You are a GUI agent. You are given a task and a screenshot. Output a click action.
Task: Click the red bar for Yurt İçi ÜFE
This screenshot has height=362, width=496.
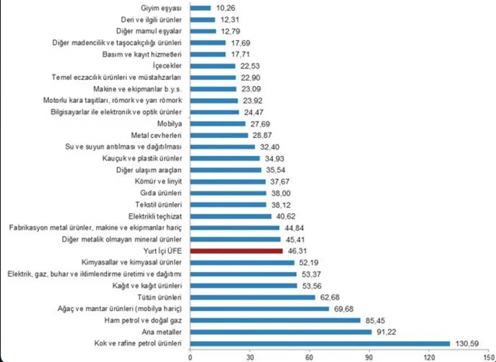point(236,252)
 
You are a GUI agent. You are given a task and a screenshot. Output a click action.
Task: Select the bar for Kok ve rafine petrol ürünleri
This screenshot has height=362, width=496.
point(320,343)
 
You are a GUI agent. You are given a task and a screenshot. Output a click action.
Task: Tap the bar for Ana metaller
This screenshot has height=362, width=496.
point(281,331)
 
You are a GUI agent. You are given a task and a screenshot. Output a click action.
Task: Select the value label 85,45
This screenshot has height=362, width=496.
point(377,320)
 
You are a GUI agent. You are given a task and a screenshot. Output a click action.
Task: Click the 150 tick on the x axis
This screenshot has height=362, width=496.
point(487,356)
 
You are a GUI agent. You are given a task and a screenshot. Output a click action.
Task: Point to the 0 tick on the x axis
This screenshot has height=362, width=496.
point(191,356)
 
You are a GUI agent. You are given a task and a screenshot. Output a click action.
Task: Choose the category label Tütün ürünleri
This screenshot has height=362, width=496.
point(157,297)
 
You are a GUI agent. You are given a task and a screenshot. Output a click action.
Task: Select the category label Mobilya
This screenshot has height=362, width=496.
point(170,122)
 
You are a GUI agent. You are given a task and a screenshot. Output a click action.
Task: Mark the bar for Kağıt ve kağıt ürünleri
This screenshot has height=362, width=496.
point(243,286)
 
